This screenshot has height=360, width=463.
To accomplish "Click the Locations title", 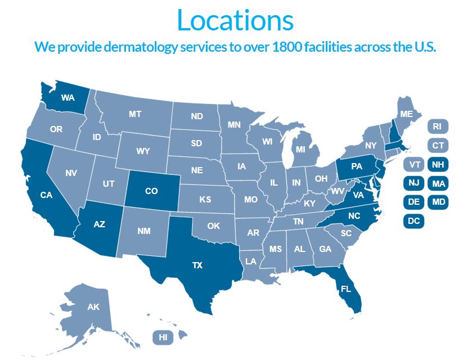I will pyautogui.click(x=235, y=20).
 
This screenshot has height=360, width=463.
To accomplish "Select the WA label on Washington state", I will pyautogui.click(x=68, y=97).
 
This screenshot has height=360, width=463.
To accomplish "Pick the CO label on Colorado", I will pyautogui.click(x=151, y=191).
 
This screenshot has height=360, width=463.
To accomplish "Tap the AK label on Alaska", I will pyautogui.click(x=93, y=307).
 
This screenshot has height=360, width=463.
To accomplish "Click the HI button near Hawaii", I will pyautogui.click(x=163, y=337).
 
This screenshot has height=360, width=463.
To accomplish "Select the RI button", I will pyautogui.click(x=437, y=127).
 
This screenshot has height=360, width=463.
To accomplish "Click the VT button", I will pyautogui.click(x=415, y=165).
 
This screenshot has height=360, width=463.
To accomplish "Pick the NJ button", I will pyautogui.click(x=414, y=183).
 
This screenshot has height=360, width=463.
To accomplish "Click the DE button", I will pyautogui.click(x=414, y=202).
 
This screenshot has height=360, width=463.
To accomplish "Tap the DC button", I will pyautogui.click(x=414, y=221).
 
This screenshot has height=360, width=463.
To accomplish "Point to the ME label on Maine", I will pyautogui.click(x=406, y=114).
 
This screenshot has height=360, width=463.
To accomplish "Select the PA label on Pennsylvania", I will pyautogui.click(x=356, y=166).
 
